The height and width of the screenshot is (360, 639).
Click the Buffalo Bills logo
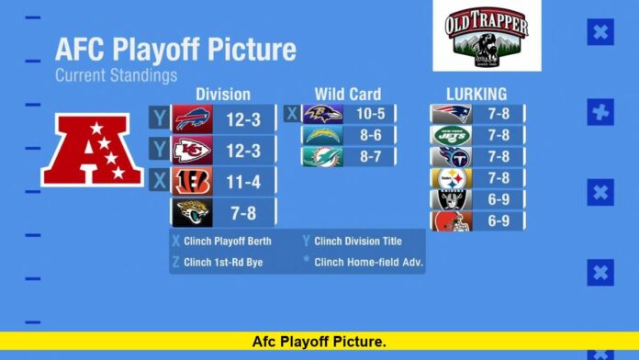192,118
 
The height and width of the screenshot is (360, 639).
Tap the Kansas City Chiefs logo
192,150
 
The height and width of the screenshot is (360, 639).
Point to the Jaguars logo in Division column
193,213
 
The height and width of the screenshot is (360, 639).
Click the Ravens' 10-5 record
371,114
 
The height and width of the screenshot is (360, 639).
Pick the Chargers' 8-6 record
371,136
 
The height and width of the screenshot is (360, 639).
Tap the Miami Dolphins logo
322,157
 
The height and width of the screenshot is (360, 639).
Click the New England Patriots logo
451,114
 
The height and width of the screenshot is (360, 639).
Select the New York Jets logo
451,136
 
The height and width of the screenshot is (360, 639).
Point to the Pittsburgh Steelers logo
450,178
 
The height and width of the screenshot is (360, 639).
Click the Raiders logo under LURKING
451,199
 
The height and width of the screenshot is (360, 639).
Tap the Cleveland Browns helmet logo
451,221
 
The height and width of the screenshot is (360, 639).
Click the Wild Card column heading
347,94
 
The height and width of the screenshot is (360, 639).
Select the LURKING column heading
476,94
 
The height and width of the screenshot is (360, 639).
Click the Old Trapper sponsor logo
487,35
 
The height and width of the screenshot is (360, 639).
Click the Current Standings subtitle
116,75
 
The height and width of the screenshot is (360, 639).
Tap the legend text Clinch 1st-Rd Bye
230,262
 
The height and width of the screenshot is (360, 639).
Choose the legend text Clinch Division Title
358,242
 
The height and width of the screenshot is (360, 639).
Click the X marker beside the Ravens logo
292,114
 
